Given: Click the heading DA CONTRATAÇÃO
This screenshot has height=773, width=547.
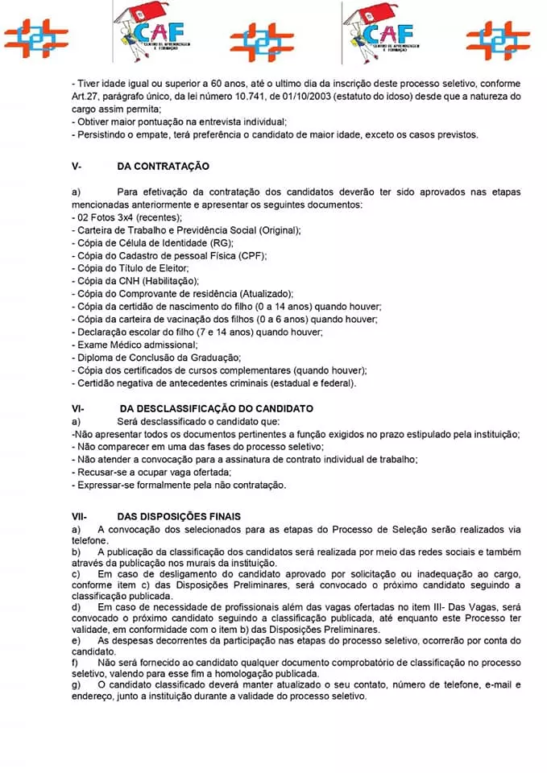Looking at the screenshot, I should coord(163,167).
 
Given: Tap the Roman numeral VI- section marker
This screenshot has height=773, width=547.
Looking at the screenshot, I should coord(78,409).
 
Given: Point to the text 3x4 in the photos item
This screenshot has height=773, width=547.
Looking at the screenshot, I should coord(127,217).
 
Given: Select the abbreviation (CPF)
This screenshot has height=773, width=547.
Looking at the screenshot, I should coord(252,255).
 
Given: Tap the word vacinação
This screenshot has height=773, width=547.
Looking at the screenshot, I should coord(191,319).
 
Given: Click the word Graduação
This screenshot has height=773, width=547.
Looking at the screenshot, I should coord(213,357).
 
